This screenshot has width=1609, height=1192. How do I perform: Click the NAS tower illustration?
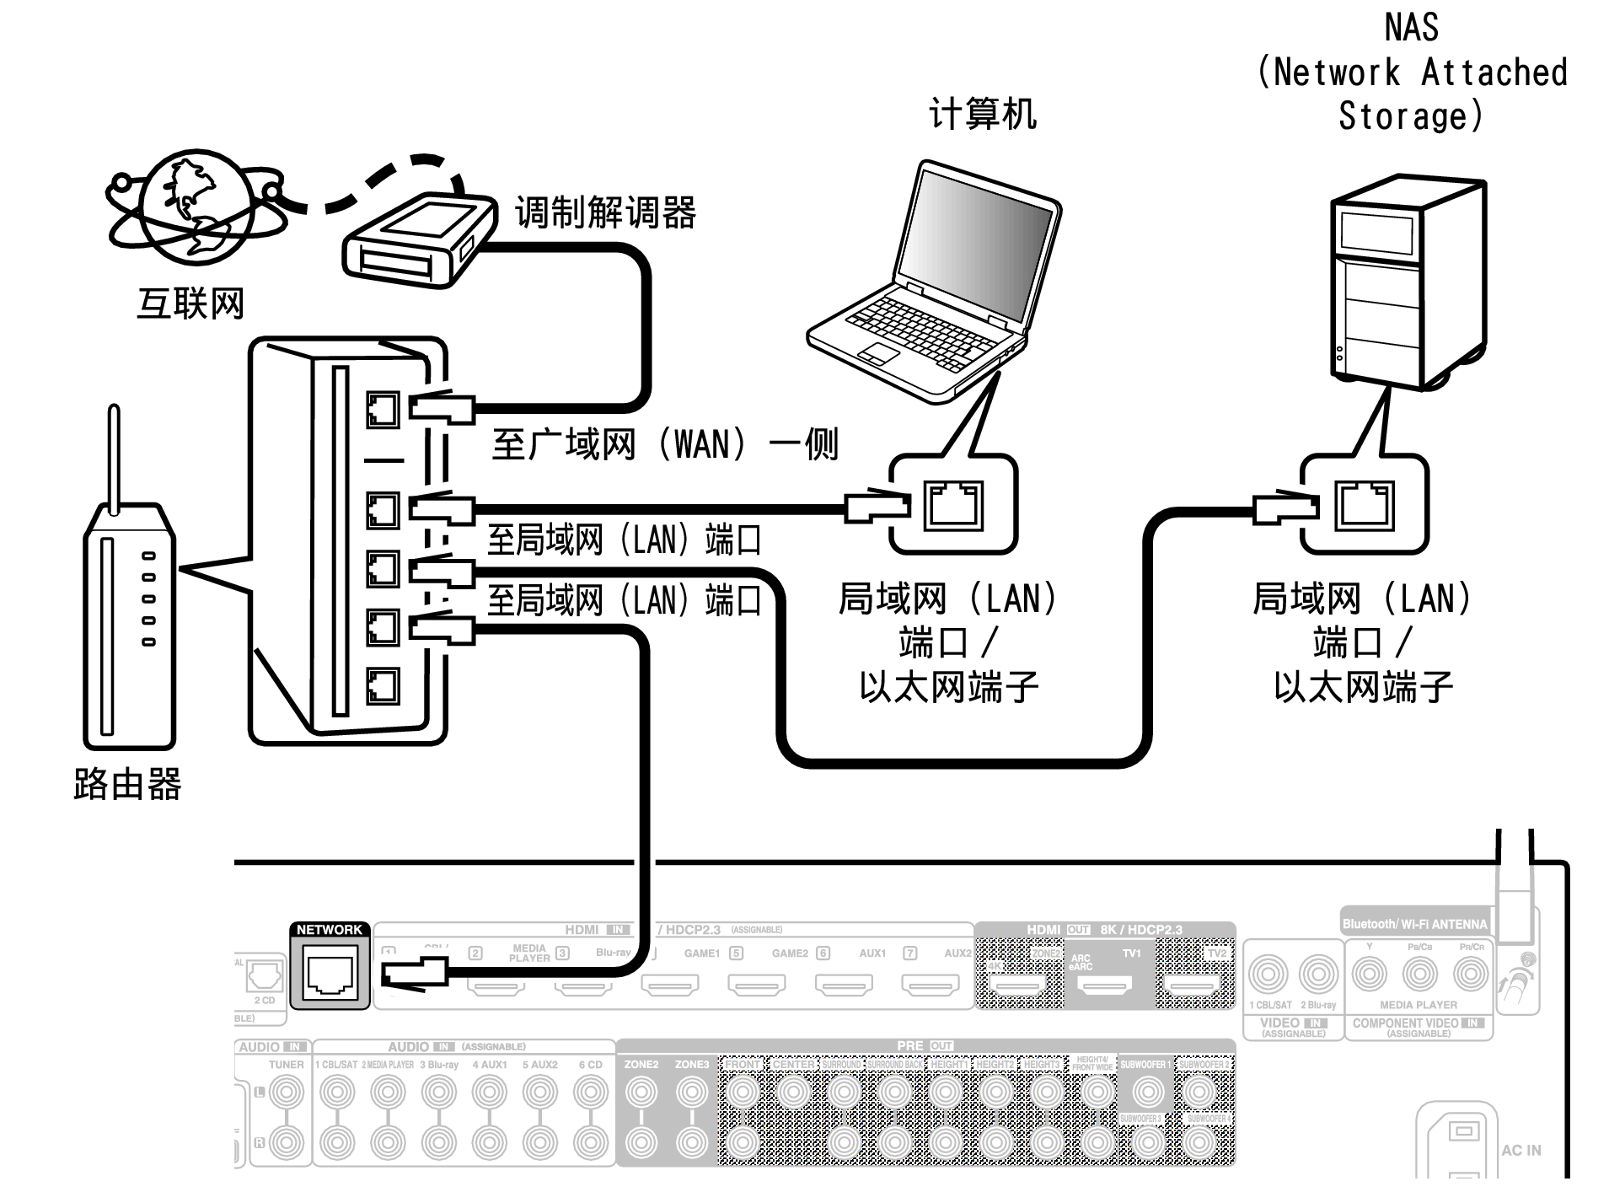tap(1408, 282)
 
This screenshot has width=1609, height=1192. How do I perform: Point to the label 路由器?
tap(127, 784)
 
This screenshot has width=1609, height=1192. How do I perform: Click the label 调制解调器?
tap(605, 212)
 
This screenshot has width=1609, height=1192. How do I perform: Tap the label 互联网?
tap(190, 303)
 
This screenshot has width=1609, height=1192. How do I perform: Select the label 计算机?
tap(982, 114)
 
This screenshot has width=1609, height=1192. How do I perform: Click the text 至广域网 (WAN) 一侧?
tap(664, 444)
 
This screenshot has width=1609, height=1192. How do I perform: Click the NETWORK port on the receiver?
tap(330, 974)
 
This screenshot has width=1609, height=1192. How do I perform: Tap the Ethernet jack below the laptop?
tap(953, 505)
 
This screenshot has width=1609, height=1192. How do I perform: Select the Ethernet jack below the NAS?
tap(1364, 505)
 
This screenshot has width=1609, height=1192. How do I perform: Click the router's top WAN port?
tap(383, 411)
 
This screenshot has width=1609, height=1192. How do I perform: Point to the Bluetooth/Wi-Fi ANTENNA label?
tap(1414, 924)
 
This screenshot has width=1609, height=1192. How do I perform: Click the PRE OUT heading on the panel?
tap(924, 1045)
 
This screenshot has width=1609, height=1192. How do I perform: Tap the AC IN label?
tap(1521, 1150)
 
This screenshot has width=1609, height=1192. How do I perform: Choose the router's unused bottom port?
tap(383, 685)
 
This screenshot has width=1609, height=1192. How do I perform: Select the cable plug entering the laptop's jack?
tap(877, 507)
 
